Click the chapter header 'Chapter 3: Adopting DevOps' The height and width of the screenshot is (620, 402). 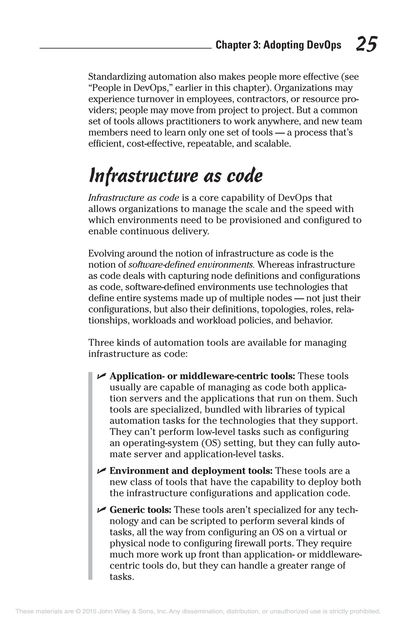pos(278,45)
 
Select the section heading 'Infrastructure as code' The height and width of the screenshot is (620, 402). pos(175,176)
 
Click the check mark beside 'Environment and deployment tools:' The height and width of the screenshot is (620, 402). pos(101,470)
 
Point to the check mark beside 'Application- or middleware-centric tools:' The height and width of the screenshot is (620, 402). pos(101,376)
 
